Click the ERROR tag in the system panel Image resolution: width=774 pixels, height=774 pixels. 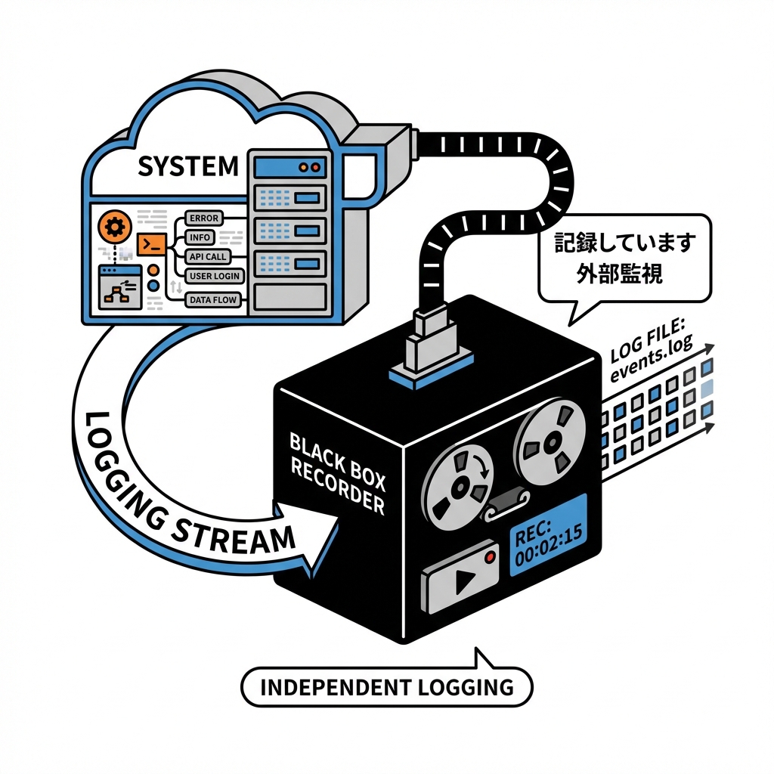click(x=204, y=218)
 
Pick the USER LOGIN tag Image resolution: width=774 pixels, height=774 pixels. click(x=214, y=277)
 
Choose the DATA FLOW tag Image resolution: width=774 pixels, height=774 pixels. click(x=213, y=300)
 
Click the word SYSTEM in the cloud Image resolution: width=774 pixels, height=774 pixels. click(x=188, y=166)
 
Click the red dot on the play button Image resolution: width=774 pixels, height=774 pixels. click(x=491, y=557)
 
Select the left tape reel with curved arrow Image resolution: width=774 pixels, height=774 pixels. click(x=457, y=488)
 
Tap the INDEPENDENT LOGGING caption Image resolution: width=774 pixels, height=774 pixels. click(x=386, y=688)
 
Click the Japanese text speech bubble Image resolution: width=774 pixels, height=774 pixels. click(x=624, y=258)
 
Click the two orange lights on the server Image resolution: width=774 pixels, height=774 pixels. click(x=308, y=165)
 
